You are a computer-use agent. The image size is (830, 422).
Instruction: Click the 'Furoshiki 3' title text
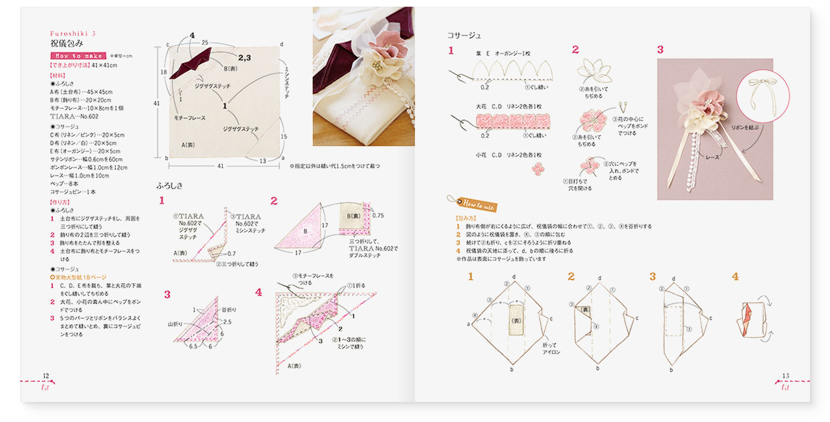[74, 33]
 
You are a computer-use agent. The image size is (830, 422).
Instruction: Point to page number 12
[46, 376]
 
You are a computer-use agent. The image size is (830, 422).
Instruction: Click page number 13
[785, 376]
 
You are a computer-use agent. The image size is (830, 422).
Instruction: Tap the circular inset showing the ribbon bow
[761, 102]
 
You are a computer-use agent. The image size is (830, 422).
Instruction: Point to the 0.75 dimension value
[378, 216]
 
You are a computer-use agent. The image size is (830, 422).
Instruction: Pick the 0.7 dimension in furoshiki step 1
[231, 254]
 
